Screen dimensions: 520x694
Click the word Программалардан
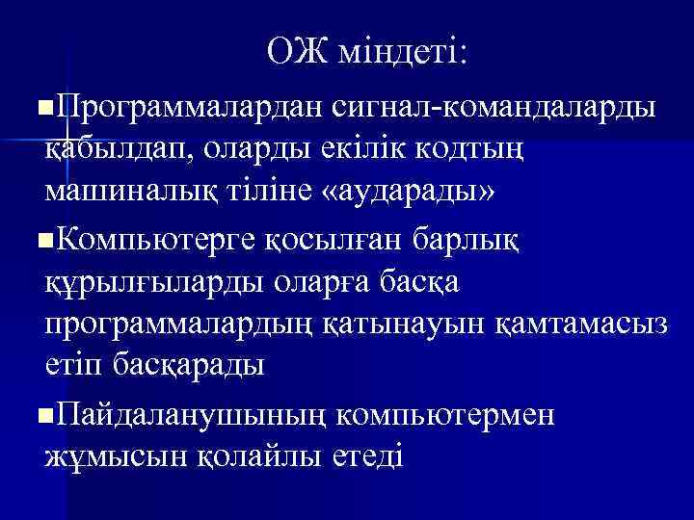(x=186, y=105)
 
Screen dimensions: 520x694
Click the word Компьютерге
(x=154, y=235)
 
